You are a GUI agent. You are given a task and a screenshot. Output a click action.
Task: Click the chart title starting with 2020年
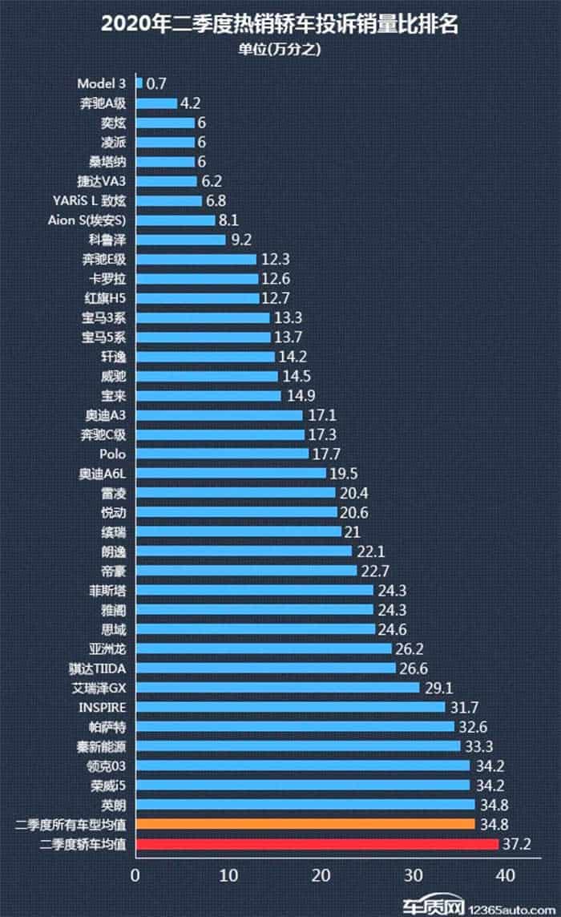point(280,24)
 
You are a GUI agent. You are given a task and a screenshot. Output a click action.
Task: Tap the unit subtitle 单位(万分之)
point(280,49)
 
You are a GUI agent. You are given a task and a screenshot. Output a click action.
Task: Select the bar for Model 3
point(139,83)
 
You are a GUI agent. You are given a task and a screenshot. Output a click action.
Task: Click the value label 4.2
point(190,103)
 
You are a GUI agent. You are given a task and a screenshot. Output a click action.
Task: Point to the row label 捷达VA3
point(101,181)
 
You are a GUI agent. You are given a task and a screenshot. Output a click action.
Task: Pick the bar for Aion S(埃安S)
point(176,220)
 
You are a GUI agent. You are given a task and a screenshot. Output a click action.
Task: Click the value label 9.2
point(241,240)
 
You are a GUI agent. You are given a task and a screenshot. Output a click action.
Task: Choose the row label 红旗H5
point(105,298)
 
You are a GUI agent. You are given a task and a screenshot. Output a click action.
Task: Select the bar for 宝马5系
point(203,337)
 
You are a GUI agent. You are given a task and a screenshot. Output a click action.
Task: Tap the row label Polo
point(112,454)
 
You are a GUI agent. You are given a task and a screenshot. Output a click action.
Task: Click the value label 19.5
point(343,474)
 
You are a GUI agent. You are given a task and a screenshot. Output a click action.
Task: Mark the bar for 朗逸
point(244,551)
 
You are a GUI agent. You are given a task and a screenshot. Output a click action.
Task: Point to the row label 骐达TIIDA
point(97,669)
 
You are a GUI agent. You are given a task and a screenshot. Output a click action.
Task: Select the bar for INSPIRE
point(290,708)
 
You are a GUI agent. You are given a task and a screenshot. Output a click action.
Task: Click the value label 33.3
point(478,747)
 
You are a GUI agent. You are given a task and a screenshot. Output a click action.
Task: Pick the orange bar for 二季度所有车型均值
point(305,825)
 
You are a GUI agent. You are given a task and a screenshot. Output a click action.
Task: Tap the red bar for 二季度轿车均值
point(317,844)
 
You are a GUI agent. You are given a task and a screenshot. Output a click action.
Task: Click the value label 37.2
point(517,844)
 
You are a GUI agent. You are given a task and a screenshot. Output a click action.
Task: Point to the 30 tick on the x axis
point(413,875)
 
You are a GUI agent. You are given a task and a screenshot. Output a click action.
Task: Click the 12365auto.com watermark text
point(512,910)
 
